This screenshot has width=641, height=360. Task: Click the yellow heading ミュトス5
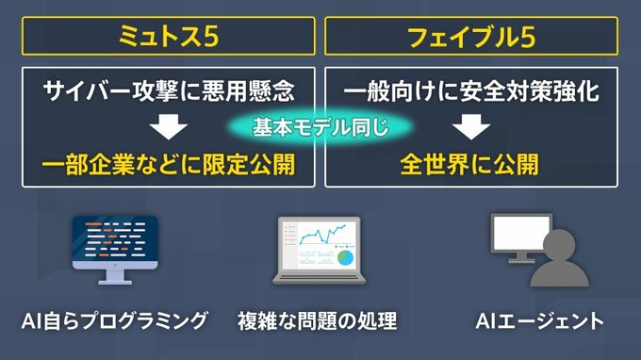pyautogui.click(x=169, y=36)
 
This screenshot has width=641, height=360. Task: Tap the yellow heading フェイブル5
pyautogui.click(x=471, y=37)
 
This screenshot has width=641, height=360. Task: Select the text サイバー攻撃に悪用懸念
pyautogui.click(x=169, y=90)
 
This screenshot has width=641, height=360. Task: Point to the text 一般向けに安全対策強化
pyautogui.click(x=471, y=90)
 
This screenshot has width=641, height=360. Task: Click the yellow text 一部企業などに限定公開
pyautogui.click(x=169, y=164)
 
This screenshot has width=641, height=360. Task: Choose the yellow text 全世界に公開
pyautogui.click(x=469, y=164)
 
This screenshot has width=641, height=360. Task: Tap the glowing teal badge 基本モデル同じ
pyautogui.click(x=320, y=127)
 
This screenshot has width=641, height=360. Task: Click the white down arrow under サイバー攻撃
pyautogui.click(x=169, y=126)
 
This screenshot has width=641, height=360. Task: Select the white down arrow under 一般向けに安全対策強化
pyautogui.click(x=471, y=126)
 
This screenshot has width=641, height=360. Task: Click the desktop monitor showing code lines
pyautogui.click(x=115, y=250)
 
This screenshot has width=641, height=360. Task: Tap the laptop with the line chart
pyautogui.click(x=320, y=250)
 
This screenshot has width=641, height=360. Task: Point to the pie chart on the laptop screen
pyautogui.click(x=345, y=258)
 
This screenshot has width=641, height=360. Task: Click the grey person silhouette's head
pyautogui.click(x=559, y=244)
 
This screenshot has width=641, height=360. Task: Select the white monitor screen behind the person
pyautogui.click(x=519, y=233)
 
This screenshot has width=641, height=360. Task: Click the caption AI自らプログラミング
pyautogui.click(x=114, y=320)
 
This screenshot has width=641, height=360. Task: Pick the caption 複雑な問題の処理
pyautogui.click(x=318, y=320)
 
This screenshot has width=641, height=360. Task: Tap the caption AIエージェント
pyautogui.click(x=539, y=320)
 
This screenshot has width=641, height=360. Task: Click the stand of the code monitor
pyautogui.click(x=115, y=277)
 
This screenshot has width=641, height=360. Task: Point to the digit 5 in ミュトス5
pyautogui.click(x=210, y=37)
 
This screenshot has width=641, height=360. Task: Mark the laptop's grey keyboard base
pyautogui.click(x=320, y=279)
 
